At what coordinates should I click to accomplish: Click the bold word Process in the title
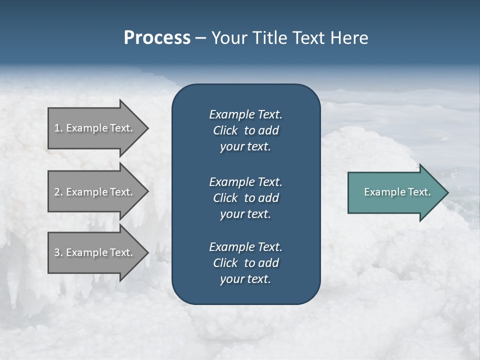coord(157,38)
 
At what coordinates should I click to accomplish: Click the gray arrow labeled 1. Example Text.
coord(95,128)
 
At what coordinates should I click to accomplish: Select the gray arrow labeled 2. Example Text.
coord(95,192)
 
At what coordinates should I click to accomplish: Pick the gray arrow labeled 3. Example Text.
coord(95,252)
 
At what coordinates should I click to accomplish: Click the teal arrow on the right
coord(395,192)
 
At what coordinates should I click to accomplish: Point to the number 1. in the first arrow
coord(58,128)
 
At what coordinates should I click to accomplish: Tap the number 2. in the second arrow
coord(58,192)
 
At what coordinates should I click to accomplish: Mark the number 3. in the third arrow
coord(58,252)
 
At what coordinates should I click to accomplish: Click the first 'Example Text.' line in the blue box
coord(245,114)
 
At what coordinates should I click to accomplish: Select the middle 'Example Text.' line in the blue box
coord(245,181)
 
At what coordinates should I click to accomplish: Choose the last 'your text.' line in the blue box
coord(245,279)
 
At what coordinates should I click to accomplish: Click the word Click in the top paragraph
coord(225,130)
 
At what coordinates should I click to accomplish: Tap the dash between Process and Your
coord(200,38)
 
